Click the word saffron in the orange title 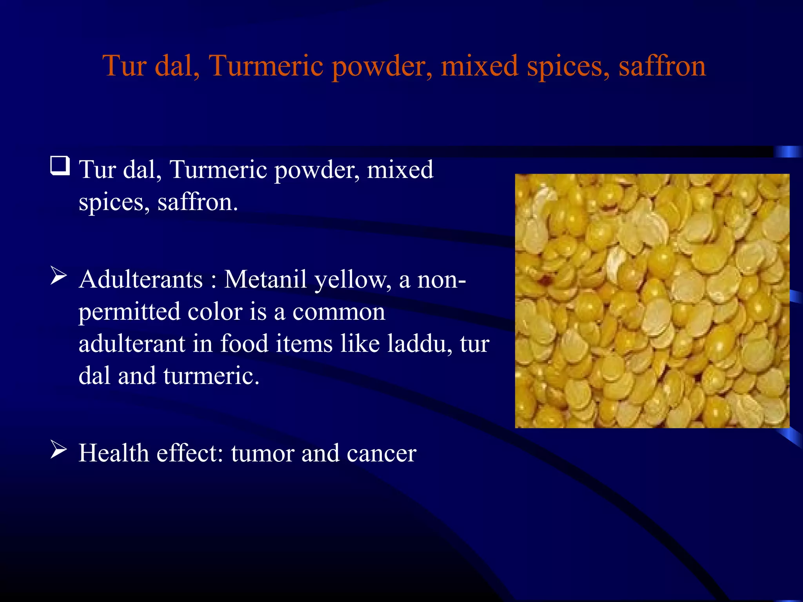click(x=662, y=66)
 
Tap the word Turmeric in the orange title click(x=266, y=66)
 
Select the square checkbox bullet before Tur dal click(x=60, y=166)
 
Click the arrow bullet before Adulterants click(x=59, y=276)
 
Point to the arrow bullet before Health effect click(x=59, y=450)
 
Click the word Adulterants click(x=141, y=280)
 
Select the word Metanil click(x=265, y=280)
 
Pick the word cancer click(x=381, y=454)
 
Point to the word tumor click(x=262, y=454)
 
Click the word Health click(x=114, y=453)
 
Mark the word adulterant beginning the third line click(x=131, y=344)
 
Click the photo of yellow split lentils click(x=652, y=301)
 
